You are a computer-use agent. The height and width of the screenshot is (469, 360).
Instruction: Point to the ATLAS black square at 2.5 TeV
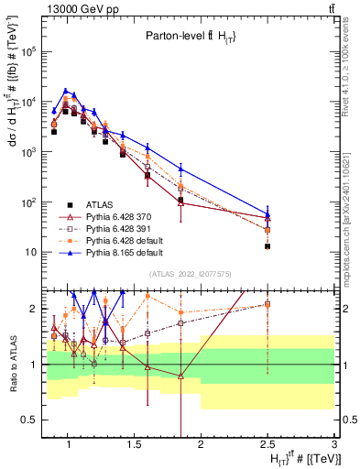click(267, 246)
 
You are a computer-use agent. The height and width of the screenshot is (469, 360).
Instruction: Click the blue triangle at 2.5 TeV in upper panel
click(267, 215)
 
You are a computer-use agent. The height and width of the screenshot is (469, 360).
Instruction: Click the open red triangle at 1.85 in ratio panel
click(180, 376)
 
